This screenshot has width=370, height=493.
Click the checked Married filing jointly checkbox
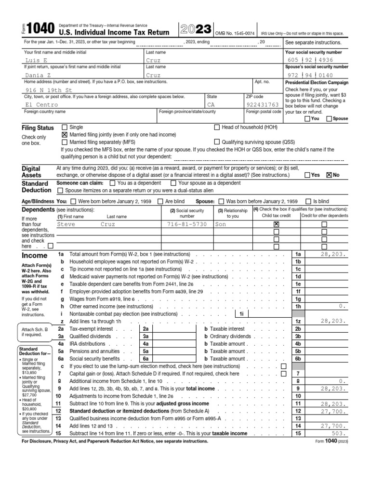65,135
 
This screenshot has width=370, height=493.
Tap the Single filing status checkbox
65,127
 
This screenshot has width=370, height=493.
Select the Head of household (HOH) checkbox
216,127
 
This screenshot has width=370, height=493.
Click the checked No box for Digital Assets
329,175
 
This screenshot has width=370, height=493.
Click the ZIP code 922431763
263,104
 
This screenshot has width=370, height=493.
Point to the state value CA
211,104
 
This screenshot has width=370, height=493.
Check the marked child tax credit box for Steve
276,224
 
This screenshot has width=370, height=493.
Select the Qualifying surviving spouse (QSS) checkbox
216,143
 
